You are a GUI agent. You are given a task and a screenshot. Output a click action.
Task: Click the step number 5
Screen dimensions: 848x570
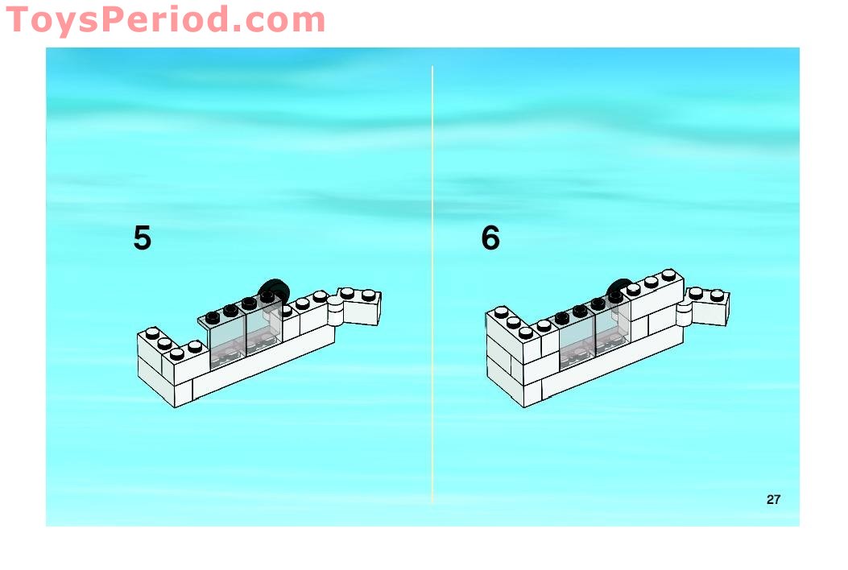[x=143, y=238]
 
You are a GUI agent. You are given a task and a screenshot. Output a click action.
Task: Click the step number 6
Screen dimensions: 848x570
[x=490, y=238]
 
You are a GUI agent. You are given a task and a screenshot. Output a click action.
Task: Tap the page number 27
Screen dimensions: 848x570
[x=773, y=499]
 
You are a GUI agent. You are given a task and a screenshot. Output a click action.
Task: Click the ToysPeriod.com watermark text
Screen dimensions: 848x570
[x=165, y=20]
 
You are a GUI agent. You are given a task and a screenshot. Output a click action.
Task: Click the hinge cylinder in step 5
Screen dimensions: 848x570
[x=335, y=312]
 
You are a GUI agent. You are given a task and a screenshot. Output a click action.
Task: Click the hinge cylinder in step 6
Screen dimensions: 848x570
[x=685, y=312]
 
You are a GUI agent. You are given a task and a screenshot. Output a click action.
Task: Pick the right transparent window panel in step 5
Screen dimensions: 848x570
[x=264, y=326]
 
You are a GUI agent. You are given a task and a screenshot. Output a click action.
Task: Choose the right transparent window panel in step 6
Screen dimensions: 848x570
[x=613, y=326]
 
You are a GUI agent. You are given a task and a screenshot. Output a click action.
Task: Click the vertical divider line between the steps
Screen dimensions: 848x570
[x=432, y=285]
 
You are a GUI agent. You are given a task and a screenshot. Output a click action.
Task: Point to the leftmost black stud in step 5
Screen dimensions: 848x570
[x=213, y=316]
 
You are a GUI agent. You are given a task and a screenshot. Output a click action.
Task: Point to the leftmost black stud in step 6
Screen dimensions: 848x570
[x=562, y=317]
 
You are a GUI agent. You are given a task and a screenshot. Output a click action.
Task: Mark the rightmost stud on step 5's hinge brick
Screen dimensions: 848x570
[x=368, y=295]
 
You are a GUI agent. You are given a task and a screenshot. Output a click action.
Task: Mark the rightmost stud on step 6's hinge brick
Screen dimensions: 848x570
[x=717, y=295]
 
